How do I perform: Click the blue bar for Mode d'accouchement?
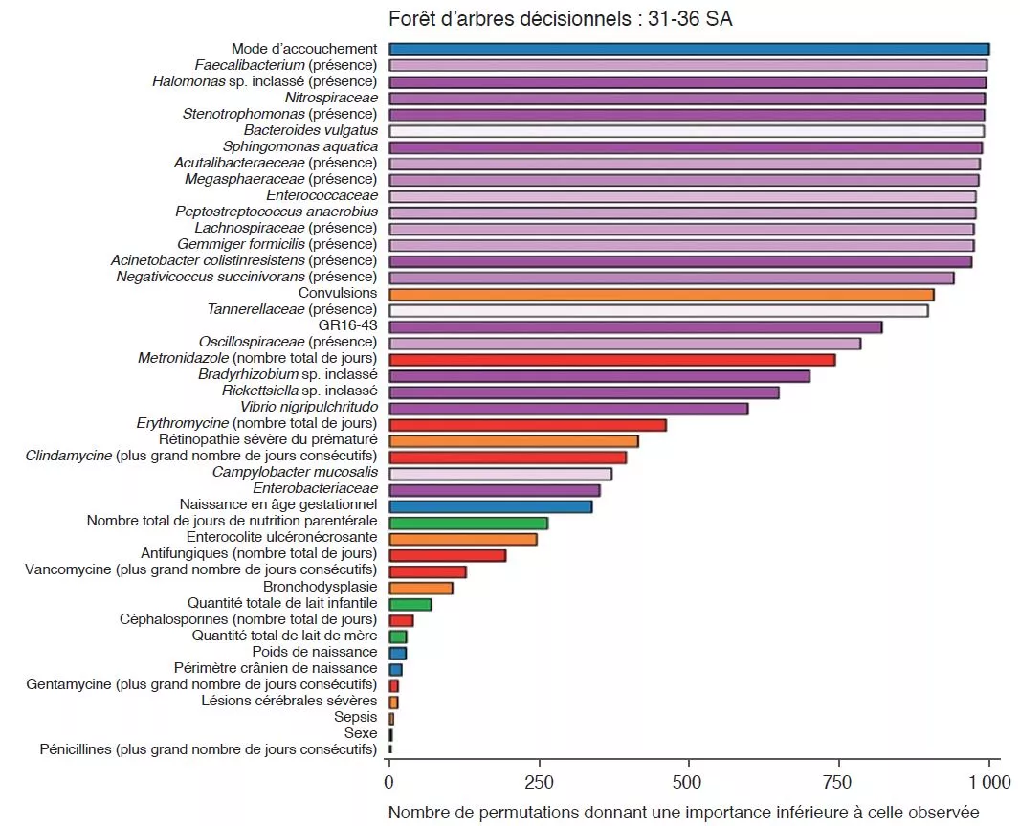689,49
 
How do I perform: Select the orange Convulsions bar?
661,294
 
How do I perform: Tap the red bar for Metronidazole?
611,359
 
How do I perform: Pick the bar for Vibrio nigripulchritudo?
568,408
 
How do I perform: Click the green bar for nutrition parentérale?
468,523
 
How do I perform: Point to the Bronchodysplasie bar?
420,588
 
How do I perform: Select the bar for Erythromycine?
527,424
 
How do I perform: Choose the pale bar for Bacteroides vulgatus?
686,130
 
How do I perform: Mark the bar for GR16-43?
635,326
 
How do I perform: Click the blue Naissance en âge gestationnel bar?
490,506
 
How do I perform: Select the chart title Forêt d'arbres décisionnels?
561,18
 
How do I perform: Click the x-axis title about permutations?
683,813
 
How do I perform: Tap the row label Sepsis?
355,717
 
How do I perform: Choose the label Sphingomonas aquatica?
300,146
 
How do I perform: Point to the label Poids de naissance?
315,652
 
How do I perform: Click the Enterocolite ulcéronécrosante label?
281,538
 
